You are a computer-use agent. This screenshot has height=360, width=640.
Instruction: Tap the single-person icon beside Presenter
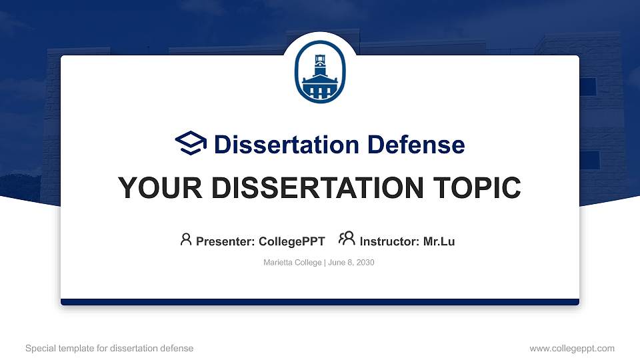pyautogui.click(x=186, y=239)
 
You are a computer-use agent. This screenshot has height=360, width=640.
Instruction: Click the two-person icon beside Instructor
pyautogui.click(x=347, y=239)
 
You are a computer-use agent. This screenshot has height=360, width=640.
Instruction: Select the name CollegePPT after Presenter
pyautogui.click(x=291, y=241)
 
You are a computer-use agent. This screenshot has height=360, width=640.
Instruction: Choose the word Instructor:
pyautogui.click(x=389, y=241)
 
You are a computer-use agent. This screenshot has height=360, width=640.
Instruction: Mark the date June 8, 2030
pyautogui.click(x=351, y=263)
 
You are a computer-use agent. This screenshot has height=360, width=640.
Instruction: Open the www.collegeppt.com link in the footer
pyautogui.click(x=571, y=349)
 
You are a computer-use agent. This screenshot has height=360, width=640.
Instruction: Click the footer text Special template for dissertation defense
pyautogui.click(x=109, y=349)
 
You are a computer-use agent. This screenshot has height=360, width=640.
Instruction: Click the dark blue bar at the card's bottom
pyautogui.click(x=320, y=302)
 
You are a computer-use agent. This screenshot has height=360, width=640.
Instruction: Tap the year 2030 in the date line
pyautogui.click(x=365, y=263)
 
